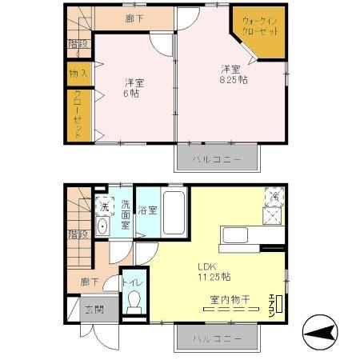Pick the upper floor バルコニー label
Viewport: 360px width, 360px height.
point(216,159)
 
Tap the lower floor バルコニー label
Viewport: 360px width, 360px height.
point(216,339)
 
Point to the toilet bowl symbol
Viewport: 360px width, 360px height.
point(134,302)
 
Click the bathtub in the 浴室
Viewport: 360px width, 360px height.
point(174,213)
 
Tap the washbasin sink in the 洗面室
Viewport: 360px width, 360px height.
point(102,227)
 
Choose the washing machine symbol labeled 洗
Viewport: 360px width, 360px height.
point(104,206)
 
